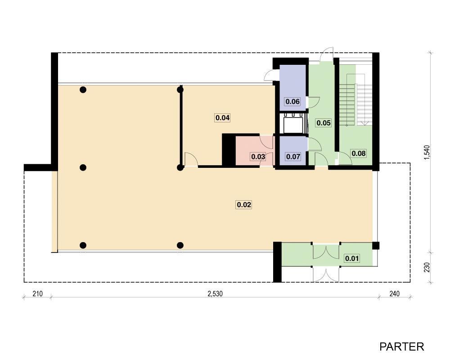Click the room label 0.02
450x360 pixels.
[243, 205]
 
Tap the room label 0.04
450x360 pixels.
[222, 118]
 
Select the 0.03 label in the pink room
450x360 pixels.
[258, 157]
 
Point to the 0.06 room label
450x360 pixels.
[292, 101]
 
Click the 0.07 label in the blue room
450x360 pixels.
[293, 157]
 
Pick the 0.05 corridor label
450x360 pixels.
[324, 123]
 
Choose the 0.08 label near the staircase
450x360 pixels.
[359, 153]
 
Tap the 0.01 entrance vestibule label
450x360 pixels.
[352, 259]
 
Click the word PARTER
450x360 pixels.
[401, 347]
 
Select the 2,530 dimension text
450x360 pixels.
[215, 294]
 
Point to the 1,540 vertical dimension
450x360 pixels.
[427, 153]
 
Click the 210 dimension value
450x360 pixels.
[37, 294]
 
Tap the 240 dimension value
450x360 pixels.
[394, 294]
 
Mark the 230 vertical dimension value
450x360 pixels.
[427, 267]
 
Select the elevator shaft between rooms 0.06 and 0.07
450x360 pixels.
[293, 123]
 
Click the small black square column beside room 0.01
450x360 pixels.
[376, 246]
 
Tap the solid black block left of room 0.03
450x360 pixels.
[229, 150]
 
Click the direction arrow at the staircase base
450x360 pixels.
[364, 123]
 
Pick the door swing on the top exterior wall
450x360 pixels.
[327, 54]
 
